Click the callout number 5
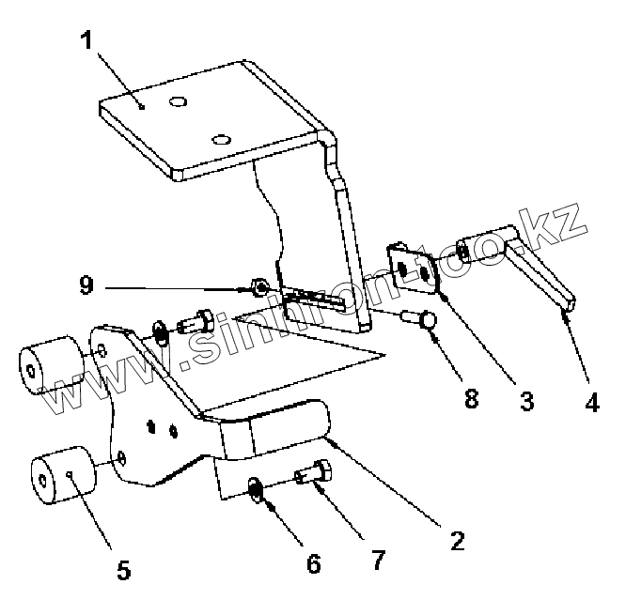click(124, 570)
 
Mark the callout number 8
click(471, 398)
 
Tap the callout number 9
click(86, 284)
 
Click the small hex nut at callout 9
click(262, 285)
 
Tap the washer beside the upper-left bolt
click(161, 331)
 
